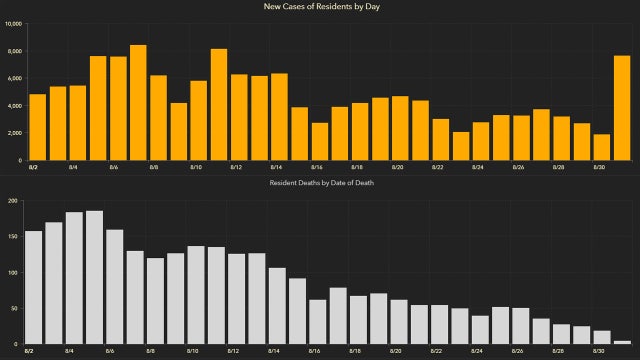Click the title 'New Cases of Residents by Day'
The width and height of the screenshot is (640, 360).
click(320, 7)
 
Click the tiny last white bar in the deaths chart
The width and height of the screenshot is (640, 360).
click(622, 342)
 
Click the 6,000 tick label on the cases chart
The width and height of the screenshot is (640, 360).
click(14, 78)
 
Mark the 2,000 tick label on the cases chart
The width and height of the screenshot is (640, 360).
click(14, 133)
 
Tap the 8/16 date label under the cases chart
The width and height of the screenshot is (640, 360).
click(316, 167)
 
